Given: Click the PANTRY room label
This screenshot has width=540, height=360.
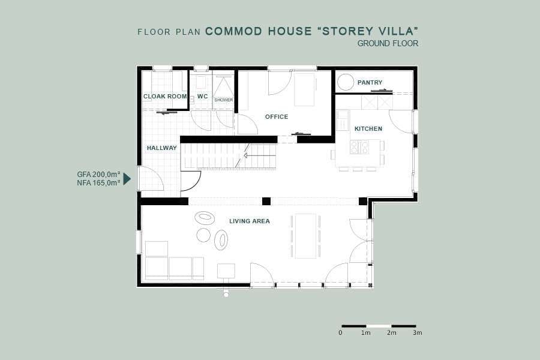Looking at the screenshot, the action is point(370,82).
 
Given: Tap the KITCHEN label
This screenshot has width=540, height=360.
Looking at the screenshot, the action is point(368,128).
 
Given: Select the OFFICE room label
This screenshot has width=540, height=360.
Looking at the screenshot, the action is point(277,117).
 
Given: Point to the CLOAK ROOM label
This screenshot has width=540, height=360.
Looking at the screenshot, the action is point(165,97).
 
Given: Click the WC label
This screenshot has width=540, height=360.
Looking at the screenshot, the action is point(203,97).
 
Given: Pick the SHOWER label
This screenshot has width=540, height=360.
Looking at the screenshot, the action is point(224,100).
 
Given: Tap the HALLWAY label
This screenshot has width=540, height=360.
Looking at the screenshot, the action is point(162,148).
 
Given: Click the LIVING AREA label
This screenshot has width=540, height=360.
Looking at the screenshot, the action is point(250,221).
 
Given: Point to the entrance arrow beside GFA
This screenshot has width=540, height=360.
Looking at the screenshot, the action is point(127,179).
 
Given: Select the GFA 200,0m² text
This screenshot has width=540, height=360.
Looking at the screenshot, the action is point(98,175).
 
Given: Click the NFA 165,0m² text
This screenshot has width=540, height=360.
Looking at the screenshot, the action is point(98,183).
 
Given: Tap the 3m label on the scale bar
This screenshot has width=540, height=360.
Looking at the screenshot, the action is point(418,333).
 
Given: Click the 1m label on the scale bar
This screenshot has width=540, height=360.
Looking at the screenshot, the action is point(366,333).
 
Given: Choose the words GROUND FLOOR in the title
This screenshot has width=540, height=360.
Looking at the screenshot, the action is point(388,43).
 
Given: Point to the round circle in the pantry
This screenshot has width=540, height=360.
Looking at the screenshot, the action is point(346,82).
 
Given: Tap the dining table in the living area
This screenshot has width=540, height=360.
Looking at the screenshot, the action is point(305,236).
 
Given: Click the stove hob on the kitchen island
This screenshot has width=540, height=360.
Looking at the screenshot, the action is point(359,147).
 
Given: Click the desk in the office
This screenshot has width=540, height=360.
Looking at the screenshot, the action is point(304,89).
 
